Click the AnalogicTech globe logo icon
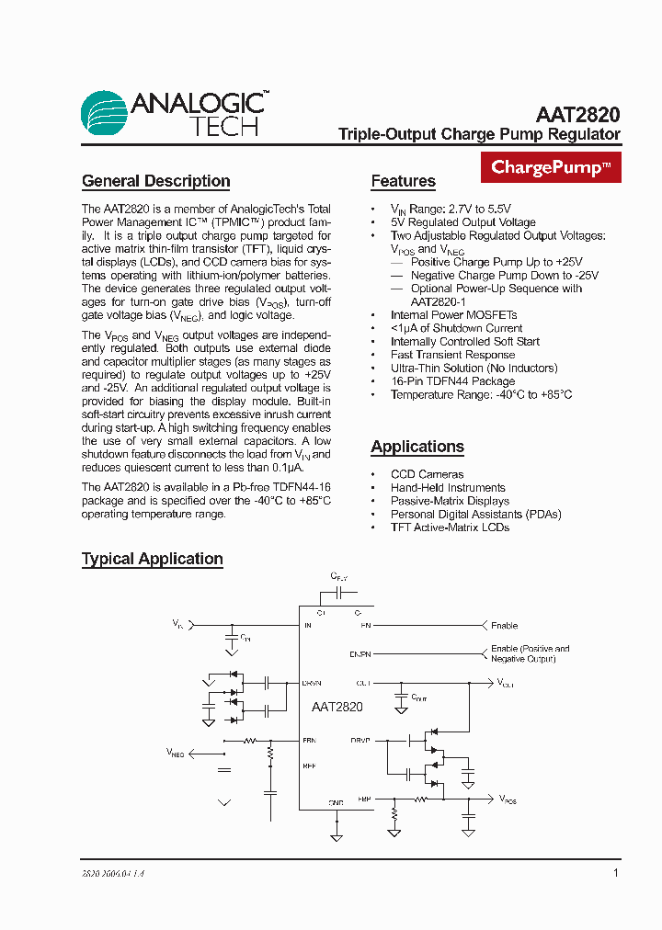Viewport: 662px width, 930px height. (105, 114)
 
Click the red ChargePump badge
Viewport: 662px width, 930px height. (551, 167)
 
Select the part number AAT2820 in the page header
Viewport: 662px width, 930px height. (577, 115)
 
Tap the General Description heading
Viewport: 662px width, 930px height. (155, 181)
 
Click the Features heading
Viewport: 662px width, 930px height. (403, 181)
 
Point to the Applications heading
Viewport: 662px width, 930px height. (417, 447)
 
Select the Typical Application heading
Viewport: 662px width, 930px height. (153, 559)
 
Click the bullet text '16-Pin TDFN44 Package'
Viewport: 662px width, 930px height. (452, 381)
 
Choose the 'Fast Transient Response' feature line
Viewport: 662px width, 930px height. (452, 355)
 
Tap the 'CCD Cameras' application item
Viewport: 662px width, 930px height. (427, 474)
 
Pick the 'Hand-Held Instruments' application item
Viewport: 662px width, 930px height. (448, 488)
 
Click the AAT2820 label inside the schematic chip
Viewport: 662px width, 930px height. (337, 707)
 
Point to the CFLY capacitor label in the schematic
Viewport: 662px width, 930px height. (339, 576)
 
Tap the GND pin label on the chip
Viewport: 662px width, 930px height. (336, 802)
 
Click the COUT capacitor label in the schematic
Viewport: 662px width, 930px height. (418, 697)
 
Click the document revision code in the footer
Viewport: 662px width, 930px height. (113, 874)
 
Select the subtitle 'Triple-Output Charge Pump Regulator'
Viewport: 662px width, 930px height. (479, 134)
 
